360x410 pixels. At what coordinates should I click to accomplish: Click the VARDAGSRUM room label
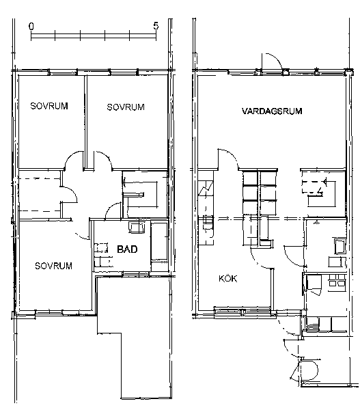point(272,111)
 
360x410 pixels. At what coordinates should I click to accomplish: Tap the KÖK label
point(228,279)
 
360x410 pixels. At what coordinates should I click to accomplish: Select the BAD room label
point(127,249)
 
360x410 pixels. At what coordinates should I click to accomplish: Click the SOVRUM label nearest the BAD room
point(53,266)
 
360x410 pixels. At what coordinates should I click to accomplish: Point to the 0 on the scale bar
point(31,26)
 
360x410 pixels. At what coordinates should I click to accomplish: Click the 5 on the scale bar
point(156,26)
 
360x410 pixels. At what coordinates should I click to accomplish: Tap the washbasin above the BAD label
point(137,228)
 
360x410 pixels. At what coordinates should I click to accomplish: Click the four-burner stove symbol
point(337,280)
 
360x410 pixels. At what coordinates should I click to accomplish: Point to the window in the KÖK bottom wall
point(242,310)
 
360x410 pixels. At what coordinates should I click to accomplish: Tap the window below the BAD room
point(135,274)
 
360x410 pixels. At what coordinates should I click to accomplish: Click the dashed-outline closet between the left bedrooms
point(40,195)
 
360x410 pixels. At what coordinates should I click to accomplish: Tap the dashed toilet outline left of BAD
point(101,248)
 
